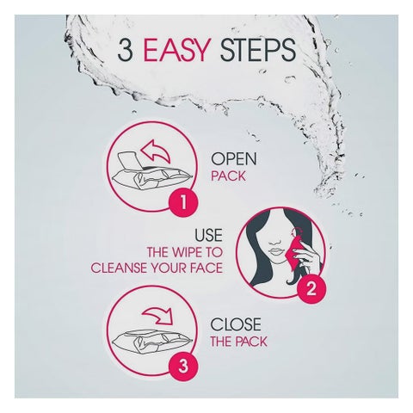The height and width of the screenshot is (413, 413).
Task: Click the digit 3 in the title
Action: tap(126, 50)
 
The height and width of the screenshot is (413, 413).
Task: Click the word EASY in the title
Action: tap(177, 50)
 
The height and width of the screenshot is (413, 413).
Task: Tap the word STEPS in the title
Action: tap(257, 50)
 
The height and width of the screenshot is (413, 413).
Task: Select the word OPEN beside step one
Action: tap(234, 158)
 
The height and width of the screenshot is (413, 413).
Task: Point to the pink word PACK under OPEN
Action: tap(228, 176)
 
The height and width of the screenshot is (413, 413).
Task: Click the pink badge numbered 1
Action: tap(183, 202)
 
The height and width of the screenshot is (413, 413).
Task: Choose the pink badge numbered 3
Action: tap(183, 367)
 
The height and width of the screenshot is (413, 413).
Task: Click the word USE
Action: tap(209, 235)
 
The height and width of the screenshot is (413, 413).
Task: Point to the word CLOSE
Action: tap(236, 324)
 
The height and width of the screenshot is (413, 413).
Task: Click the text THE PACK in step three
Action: tap(238, 342)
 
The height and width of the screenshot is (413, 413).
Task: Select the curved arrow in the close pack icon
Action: tap(158, 316)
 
